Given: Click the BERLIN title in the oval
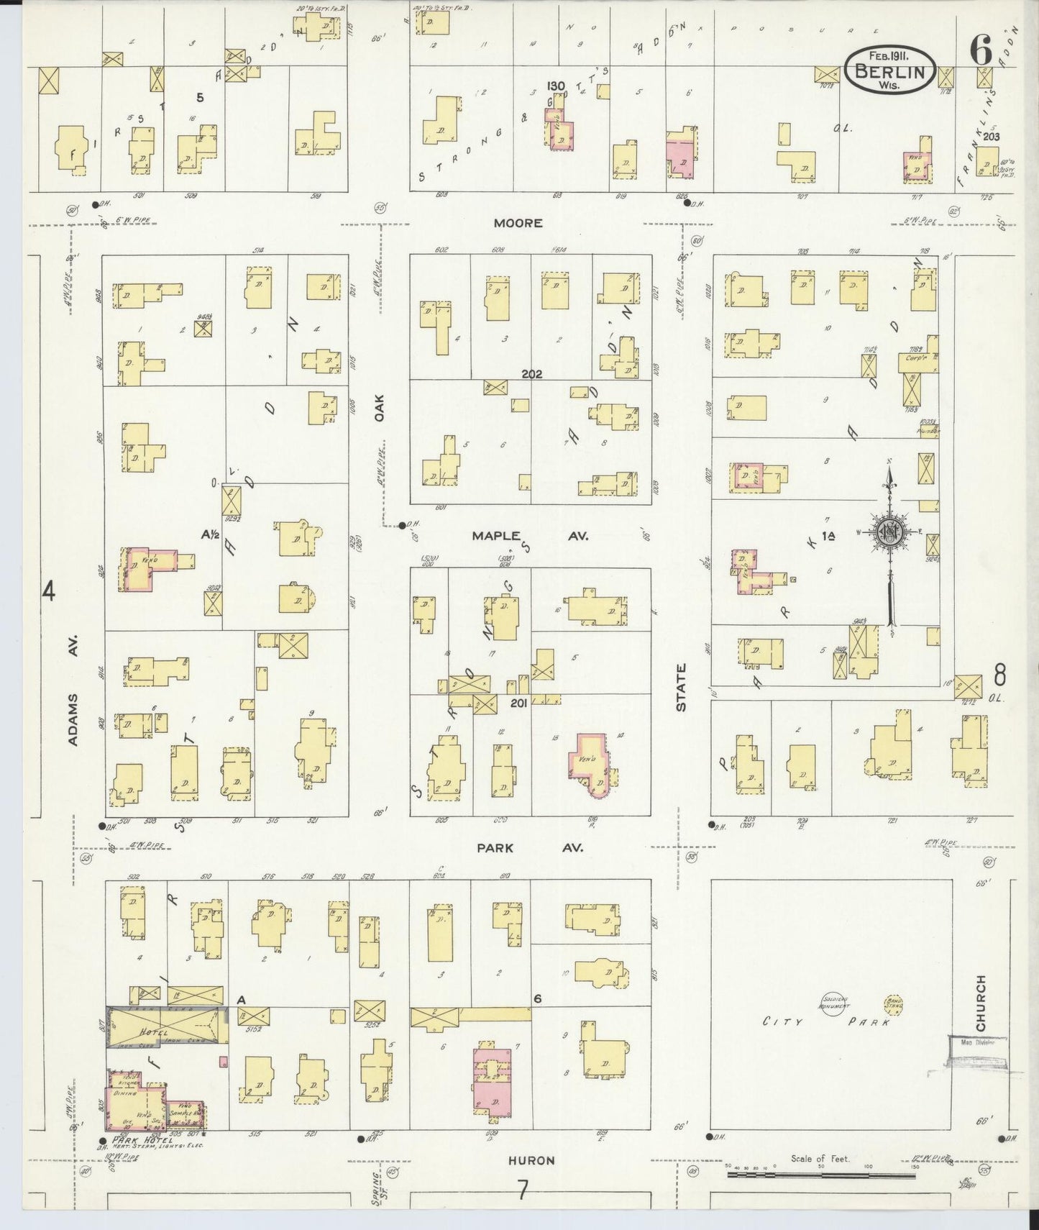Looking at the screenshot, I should (890, 70).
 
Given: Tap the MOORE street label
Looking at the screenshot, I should (518, 223).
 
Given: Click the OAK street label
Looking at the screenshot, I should (380, 407).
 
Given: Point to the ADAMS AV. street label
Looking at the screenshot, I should (73, 690).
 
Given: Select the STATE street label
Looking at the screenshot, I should (681, 687).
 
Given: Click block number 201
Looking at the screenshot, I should (518, 703).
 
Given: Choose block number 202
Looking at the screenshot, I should (532, 374).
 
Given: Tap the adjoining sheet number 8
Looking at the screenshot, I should (999, 676).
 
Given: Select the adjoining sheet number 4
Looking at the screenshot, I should (48, 591).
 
